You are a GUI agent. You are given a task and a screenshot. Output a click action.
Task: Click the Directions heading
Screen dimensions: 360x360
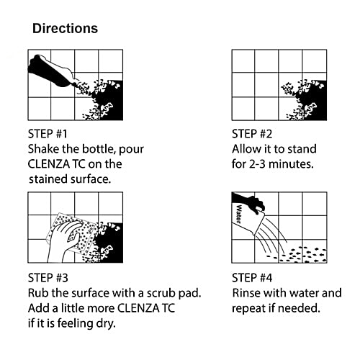pos(65,29)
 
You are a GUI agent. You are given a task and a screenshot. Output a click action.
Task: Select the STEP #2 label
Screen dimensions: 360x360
pos(253,133)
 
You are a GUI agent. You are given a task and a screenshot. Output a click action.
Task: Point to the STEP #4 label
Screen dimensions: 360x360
pos(253,278)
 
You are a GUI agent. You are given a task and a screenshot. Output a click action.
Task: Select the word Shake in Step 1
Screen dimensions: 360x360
pos(44,149)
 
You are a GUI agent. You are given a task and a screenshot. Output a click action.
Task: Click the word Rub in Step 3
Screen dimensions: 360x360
pos(37,293)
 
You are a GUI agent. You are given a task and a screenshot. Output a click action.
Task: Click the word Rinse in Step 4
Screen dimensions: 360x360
pos(247,293)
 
